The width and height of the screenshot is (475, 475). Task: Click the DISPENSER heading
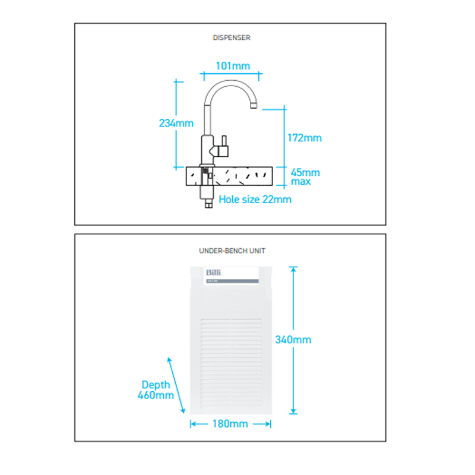click(232, 37)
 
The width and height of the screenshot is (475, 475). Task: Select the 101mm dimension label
click(233, 66)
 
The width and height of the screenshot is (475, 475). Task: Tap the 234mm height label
click(176, 123)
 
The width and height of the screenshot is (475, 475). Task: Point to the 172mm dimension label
click(304, 138)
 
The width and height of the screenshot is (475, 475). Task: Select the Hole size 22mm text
click(255, 199)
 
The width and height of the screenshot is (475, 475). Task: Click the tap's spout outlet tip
click(254, 106)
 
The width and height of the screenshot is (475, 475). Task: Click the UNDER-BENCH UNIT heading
click(232, 251)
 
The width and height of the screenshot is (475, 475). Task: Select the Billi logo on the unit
click(213, 273)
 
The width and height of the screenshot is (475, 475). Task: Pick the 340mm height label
click(293, 340)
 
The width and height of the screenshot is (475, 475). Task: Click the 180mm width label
click(230, 424)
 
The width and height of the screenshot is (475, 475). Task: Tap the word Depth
click(156, 385)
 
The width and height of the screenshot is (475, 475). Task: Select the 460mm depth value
click(156, 395)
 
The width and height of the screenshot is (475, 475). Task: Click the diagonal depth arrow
click(177, 386)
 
